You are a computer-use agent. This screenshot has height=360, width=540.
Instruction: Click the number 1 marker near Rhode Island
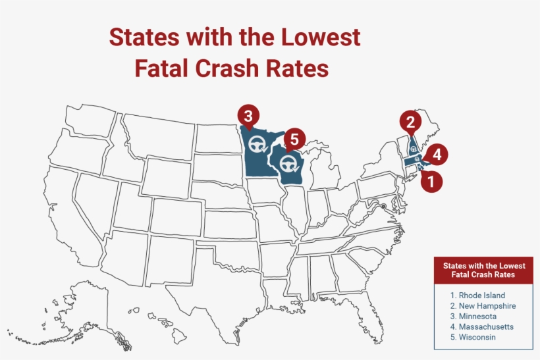[431, 181]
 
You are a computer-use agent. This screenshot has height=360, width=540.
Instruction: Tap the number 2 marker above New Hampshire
[410, 122]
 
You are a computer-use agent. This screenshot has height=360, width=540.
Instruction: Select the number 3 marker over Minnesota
[248, 116]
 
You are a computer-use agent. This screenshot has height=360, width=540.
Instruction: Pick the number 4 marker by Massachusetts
[437, 155]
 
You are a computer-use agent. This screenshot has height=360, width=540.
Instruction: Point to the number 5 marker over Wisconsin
[294, 139]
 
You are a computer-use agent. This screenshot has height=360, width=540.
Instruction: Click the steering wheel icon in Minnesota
[257, 145]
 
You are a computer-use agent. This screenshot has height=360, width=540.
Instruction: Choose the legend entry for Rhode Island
[477, 296]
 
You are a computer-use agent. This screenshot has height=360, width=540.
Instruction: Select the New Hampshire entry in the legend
[483, 306]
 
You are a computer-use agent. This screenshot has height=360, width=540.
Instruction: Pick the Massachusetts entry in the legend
[482, 326]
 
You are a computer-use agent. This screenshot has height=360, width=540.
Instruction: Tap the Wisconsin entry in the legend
[473, 337]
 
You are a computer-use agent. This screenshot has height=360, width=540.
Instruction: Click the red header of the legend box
[483, 270]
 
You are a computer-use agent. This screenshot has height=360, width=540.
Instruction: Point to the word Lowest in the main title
[320, 37]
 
